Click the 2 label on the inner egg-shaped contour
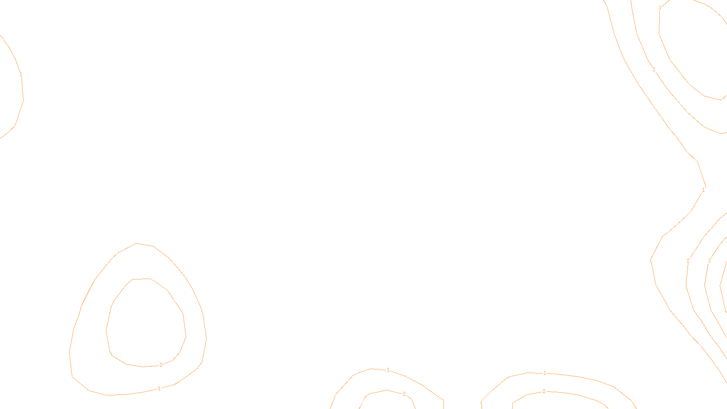click(161, 364)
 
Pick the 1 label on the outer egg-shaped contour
click(159, 389)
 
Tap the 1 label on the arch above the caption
click(388, 370)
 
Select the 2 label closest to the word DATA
click(404, 394)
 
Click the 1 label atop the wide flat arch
click(545, 373)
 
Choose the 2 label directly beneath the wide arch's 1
click(544, 391)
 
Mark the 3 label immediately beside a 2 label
click(709, 261)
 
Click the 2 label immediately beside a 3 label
click(688, 261)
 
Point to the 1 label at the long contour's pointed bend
click(703, 190)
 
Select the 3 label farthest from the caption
click(659, 8)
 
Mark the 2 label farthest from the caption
click(654, 70)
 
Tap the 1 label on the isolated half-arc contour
click(21, 75)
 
